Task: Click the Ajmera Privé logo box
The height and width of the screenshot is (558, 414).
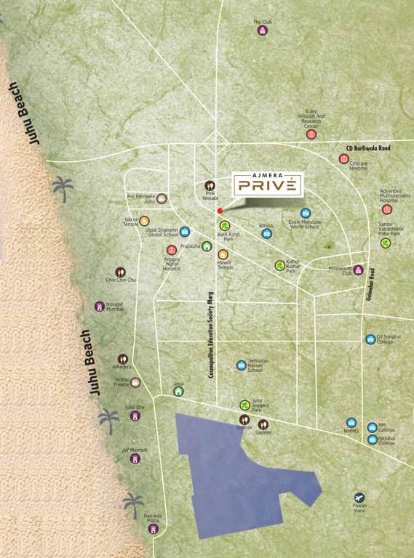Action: coord(267,184)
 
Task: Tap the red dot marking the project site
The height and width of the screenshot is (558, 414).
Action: coord(220,211)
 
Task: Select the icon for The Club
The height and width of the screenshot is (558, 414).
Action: coord(262,31)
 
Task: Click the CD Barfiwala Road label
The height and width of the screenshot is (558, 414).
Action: coord(367,148)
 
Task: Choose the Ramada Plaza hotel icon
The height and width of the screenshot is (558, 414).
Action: coord(153,529)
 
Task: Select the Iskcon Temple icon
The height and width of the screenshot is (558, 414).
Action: coord(144,221)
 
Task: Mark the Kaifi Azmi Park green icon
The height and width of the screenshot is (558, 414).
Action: coord(226,225)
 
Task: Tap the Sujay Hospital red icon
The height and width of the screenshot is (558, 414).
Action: coord(311,134)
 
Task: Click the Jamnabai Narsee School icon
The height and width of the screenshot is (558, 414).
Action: coord(242,365)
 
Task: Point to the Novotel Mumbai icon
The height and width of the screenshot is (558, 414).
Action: coord(100,307)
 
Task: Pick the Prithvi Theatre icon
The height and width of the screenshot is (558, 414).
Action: coord(135,382)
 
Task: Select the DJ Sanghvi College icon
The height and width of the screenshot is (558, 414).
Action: coord(370,339)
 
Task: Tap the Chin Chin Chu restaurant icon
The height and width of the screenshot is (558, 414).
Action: coord(121,272)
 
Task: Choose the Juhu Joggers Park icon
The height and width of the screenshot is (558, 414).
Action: coord(244,405)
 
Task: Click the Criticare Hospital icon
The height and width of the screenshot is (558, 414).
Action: coord(344,158)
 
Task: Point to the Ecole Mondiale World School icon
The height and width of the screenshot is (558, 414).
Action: coord(306,213)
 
